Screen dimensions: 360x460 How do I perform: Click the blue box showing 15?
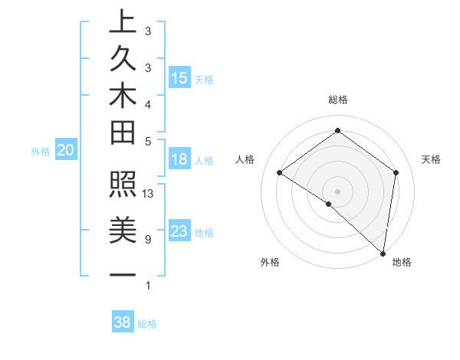click(179, 77)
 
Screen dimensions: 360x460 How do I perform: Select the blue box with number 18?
click(179, 159)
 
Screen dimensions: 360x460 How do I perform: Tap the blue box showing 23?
click(179, 231)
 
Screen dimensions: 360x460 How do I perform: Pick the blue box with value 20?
click(66, 151)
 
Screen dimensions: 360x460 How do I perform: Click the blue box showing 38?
click(123, 322)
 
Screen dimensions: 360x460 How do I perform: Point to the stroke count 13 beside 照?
click(148, 194)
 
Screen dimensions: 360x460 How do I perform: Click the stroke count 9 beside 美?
click(147, 240)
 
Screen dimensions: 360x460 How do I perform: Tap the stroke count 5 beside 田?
click(147, 141)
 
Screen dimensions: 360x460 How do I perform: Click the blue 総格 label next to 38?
click(147, 324)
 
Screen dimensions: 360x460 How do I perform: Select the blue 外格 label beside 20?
click(41, 152)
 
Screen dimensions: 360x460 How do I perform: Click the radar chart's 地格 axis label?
click(402, 263)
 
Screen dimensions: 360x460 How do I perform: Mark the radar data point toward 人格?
click(280, 173)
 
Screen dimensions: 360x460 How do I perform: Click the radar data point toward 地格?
click(383, 252)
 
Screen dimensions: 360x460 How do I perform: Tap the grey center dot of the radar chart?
click(337, 191)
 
